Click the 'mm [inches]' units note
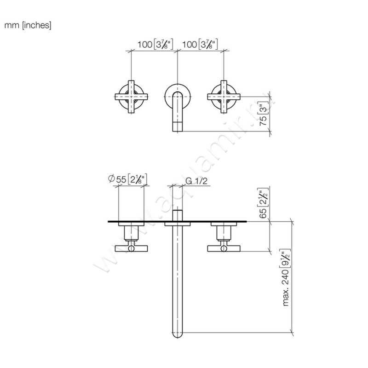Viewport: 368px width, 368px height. pyautogui.click(x=28, y=26)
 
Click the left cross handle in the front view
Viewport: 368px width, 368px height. pyautogui.click(x=132, y=97)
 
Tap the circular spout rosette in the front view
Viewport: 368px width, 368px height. pyautogui.click(x=178, y=96)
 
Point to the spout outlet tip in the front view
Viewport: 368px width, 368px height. pyautogui.click(x=178, y=127)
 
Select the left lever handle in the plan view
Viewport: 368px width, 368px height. pyautogui.click(x=132, y=248)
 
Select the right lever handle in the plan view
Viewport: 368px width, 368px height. pyautogui.click(x=224, y=248)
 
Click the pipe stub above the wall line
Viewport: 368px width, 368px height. pyautogui.click(x=178, y=216)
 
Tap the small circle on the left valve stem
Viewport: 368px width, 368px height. pyautogui.click(x=132, y=248)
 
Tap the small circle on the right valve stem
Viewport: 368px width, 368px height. pyautogui.click(x=224, y=248)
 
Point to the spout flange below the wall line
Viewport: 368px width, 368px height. pyautogui.click(x=178, y=225)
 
